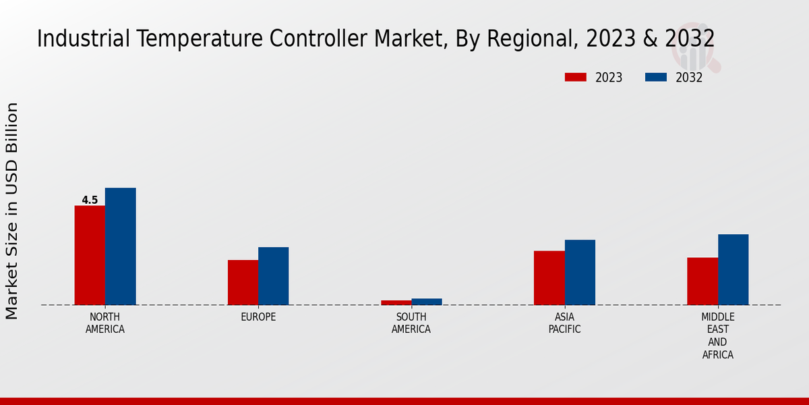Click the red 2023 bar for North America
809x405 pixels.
click(90, 255)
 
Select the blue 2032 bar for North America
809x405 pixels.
click(120, 246)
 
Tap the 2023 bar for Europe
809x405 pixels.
click(243, 282)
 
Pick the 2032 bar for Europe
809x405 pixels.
click(273, 276)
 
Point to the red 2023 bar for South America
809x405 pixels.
click(396, 302)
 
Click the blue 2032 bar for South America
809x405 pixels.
click(427, 302)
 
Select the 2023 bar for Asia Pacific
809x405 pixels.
click(549, 278)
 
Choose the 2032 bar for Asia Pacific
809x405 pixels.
click(580, 272)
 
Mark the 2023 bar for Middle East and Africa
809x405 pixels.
click(702, 281)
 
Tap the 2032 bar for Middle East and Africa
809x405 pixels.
click(733, 269)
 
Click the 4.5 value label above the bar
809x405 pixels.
click(90, 200)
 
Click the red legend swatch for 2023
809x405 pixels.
click(576, 78)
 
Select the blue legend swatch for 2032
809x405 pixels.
click(655, 78)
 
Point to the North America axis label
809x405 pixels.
click(105, 323)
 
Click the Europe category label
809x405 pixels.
click(258, 317)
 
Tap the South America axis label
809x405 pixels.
click(411, 323)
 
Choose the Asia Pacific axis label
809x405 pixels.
click(564, 323)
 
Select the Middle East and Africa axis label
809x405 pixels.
click(718, 335)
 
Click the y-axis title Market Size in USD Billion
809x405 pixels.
click(12, 211)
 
